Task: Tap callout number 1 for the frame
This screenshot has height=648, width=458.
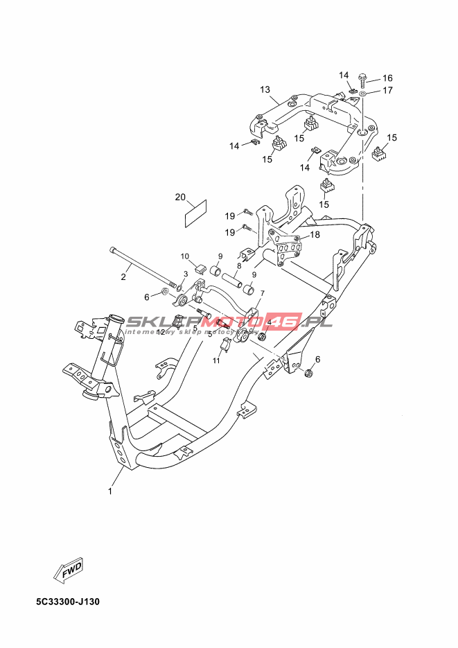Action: [x=109, y=491]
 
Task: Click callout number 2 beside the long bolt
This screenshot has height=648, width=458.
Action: [x=123, y=278]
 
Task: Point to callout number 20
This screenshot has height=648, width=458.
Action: [x=180, y=198]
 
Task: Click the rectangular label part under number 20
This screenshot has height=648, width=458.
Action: [x=196, y=214]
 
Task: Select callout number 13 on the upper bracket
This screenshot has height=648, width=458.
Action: [x=265, y=90]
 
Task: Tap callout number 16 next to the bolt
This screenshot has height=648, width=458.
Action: [x=387, y=78]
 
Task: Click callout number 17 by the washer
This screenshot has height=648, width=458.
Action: [x=387, y=90]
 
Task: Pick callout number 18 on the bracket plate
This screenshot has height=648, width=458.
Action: [x=315, y=235]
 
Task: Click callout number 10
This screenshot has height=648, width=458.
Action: [x=186, y=256]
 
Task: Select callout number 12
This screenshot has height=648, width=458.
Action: [x=161, y=333]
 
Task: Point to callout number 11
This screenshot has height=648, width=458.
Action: [x=216, y=360]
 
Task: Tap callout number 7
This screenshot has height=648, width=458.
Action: [x=262, y=294]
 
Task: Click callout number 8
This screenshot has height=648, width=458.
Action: [x=239, y=265]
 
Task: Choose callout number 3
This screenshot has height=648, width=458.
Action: [x=186, y=274]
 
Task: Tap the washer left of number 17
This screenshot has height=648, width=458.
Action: [x=364, y=91]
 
